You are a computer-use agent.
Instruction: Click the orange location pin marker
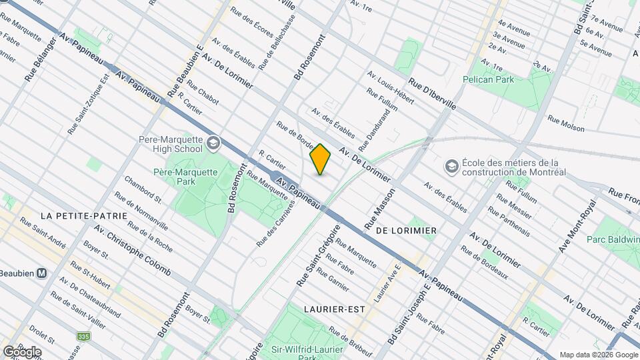pos(321,160)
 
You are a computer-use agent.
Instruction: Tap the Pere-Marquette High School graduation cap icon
pos(213,143)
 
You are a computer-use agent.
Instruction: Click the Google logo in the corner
pos(21,351)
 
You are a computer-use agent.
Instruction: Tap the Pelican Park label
pos(489,79)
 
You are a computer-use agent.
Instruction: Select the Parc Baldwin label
pos(613,239)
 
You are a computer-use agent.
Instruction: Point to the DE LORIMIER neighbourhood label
pos(406,230)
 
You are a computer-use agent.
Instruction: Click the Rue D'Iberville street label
pos(433,95)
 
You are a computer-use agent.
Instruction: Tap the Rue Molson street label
pos(565,123)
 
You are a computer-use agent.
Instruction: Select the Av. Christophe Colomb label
pos(132,251)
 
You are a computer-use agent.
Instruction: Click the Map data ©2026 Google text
pos(598,355)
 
